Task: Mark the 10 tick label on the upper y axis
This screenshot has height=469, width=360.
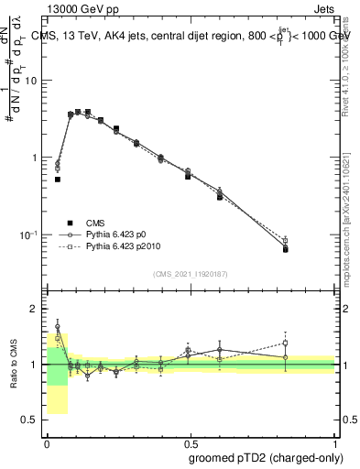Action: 30,81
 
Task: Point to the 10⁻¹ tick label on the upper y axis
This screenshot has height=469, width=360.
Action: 28,234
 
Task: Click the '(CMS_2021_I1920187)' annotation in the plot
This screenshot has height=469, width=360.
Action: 190,273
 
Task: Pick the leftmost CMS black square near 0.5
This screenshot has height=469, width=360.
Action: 57,180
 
